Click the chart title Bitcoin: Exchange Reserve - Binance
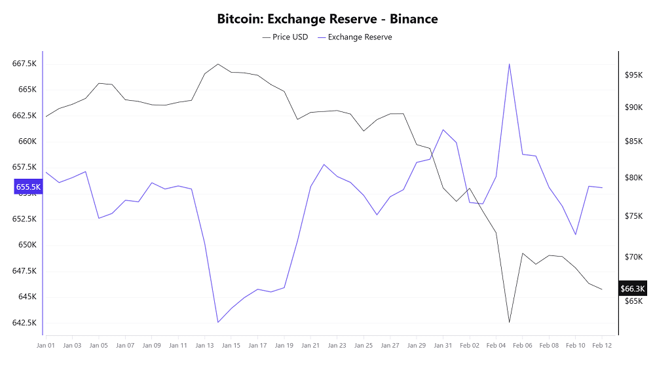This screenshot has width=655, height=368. click(x=327, y=19)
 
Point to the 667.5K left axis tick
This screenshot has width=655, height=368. click(x=24, y=64)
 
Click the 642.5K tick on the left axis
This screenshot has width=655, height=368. click(x=24, y=323)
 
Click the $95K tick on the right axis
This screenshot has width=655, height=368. click(x=634, y=75)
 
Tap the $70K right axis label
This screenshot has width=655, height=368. click(x=634, y=257)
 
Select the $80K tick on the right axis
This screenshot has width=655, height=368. click(x=634, y=177)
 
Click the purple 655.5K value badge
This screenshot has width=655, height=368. click(x=28, y=187)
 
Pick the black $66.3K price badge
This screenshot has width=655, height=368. click(x=632, y=289)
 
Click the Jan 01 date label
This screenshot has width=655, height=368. click(x=46, y=345)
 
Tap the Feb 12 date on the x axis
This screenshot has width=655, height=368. click(x=602, y=345)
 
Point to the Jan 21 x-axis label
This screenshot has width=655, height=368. click(x=310, y=345)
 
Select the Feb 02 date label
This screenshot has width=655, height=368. click(x=470, y=345)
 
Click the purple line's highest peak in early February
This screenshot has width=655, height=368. click(x=509, y=64)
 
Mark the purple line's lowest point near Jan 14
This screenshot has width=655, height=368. click(x=217, y=322)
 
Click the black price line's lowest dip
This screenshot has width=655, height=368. click(x=509, y=322)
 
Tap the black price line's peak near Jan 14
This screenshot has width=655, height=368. click(x=217, y=64)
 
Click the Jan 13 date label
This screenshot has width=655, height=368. click(x=204, y=345)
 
